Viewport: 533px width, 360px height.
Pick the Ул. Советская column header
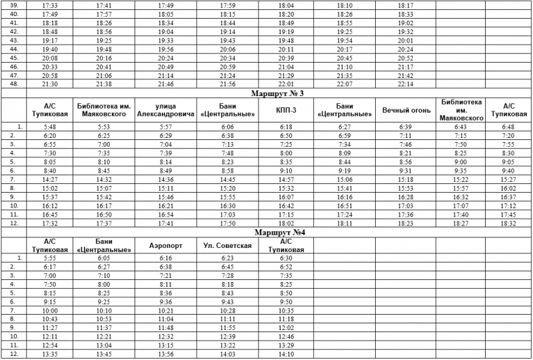(227, 246)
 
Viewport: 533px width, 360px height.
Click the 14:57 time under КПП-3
(286, 179)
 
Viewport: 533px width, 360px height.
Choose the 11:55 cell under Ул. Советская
(227, 328)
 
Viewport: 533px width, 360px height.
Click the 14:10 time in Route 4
(286, 354)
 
